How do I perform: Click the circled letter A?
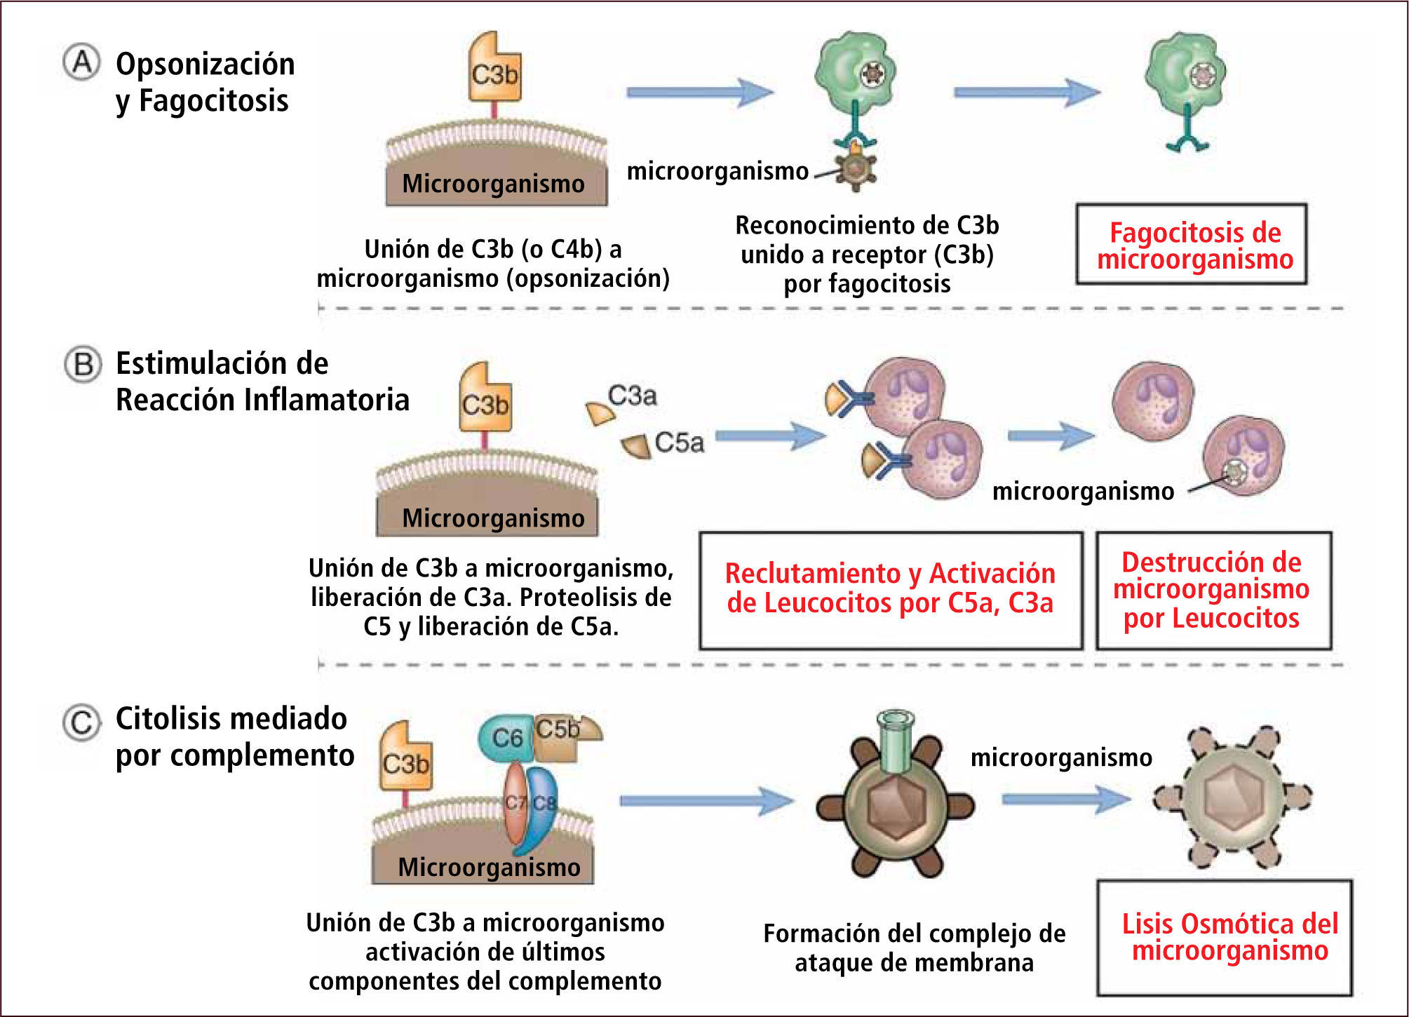pos(82,63)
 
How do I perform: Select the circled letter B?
pos(83,365)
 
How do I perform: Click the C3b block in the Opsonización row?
pos(494,70)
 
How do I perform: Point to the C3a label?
pos(632,396)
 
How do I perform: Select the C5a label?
pos(678,443)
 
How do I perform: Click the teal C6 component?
pos(506,738)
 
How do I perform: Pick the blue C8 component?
pos(542,807)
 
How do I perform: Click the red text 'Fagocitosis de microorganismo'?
pos(1194,245)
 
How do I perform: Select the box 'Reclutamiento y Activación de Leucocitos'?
pos(890,589)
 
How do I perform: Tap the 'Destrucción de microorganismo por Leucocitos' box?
pos(1213,590)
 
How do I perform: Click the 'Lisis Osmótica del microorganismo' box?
pos(1224,937)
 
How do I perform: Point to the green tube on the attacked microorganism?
pos(896,743)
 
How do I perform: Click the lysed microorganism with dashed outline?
pos(1233,797)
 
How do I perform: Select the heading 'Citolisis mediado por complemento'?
pos(234,737)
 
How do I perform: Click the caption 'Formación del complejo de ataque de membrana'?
pos(914,948)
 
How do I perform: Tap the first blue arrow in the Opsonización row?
pos(699,92)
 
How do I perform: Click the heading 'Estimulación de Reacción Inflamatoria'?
pos(262,382)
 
